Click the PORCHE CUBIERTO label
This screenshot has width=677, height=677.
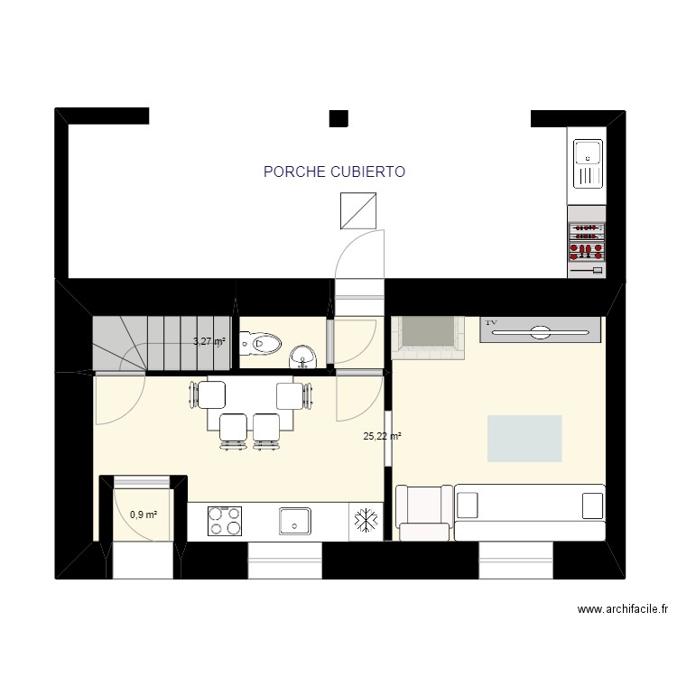(x=334, y=172)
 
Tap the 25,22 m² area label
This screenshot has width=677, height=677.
(x=382, y=436)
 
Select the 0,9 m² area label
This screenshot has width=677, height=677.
(x=144, y=515)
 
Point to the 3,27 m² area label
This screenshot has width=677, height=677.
(x=209, y=341)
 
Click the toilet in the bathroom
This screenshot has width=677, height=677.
(x=264, y=343)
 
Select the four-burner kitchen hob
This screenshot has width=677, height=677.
(x=225, y=521)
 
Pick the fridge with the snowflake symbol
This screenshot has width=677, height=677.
(x=366, y=521)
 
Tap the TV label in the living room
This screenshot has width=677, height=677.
(x=492, y=322)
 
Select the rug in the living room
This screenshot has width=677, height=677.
(x=524, y=439)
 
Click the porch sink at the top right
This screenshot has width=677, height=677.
(x=588, y=163)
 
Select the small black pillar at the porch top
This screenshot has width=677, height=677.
(x=338, y=117)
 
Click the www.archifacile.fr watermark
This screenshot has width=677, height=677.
(x=622, y=609)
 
